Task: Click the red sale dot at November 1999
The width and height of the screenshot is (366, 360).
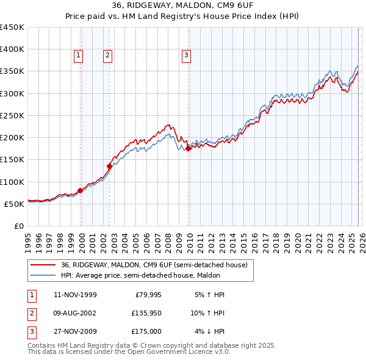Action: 81,190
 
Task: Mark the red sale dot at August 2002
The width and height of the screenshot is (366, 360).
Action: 110,165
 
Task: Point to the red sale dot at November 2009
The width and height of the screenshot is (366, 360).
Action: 188,148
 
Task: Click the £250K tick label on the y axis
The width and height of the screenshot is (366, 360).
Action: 12,115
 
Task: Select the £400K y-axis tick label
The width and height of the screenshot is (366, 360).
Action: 12,49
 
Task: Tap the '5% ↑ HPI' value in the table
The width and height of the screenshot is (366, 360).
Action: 209,294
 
